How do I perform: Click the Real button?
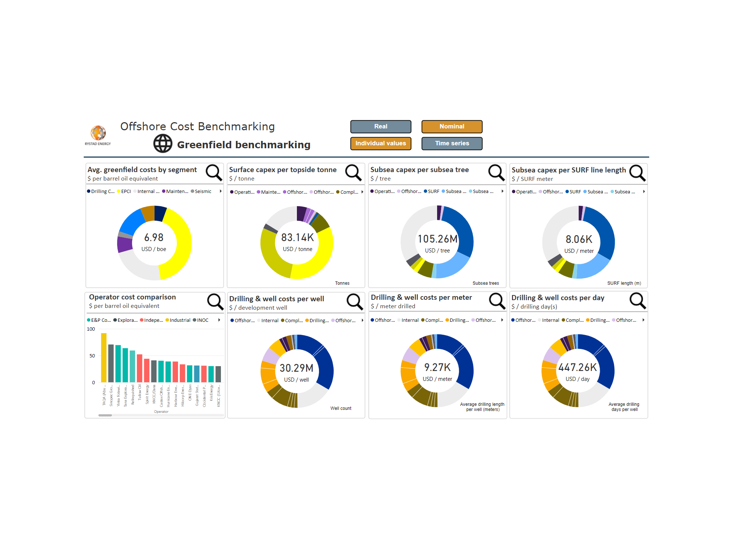[381, 127]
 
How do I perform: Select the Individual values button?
[381, 143]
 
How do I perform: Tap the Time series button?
[452, 143]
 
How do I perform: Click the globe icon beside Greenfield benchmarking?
[163, 143]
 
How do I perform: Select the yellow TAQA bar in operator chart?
[104, 357]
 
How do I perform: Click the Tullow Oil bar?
[139, 368]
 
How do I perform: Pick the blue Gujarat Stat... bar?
[197, 374]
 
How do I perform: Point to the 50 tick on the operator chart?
[92, 356]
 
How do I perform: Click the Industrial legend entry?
[180, 320]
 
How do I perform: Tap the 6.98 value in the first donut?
[154, 238]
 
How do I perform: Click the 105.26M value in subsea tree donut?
[437, 239]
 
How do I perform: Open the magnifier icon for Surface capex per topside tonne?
[353, 172]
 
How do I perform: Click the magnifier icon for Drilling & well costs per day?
[637, 301]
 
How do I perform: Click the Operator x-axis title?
[161, 412]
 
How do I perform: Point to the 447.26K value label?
[578, 367]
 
